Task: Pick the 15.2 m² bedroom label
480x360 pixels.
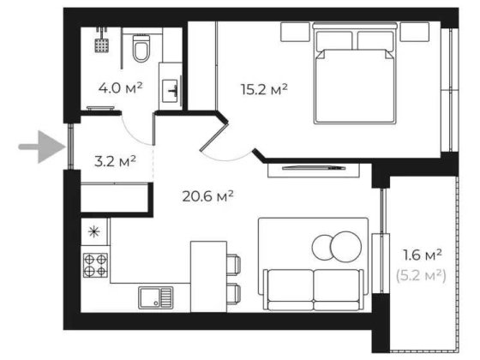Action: (x=261, y=87)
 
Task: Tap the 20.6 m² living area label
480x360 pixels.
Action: (x=208, y=195)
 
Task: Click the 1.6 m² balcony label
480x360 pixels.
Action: (x=423, y=255)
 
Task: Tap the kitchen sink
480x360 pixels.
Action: (x=155, y=297)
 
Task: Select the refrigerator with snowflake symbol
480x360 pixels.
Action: (x=95, y=231)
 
